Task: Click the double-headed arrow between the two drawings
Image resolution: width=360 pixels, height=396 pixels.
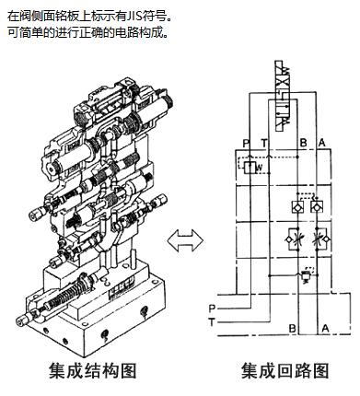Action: tap(185, 240)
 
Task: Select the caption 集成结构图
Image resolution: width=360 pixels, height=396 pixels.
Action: tap(93, 371)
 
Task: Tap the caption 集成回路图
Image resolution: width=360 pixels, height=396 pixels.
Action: tap(285, 371)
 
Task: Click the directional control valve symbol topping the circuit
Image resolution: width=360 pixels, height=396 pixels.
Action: tap(283, 96)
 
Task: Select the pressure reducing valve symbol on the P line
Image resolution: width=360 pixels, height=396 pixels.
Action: tap(250, 168)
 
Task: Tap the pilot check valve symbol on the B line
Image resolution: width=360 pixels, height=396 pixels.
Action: tap(297, 206)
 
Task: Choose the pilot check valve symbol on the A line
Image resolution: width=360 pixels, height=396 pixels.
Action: tap(317, 206)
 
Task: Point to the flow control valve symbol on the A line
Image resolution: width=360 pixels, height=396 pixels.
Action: tap(320, 239)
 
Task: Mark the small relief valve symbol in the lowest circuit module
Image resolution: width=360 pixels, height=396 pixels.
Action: tap(306, 275)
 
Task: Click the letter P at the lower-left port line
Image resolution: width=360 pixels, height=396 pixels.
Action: tap(212, 309)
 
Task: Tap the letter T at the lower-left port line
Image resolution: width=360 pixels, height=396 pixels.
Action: tap(212, 322)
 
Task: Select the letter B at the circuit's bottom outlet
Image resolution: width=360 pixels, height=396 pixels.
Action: tap(293, 329)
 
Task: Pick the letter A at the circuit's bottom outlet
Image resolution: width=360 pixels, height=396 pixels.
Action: tap(325, 329)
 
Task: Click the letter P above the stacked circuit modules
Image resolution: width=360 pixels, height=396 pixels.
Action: tap(246, 143)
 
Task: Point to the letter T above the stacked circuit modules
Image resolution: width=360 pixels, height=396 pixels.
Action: tap(264, 143)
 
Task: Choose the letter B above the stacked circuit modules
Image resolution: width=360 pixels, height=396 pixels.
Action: tap(303, 143)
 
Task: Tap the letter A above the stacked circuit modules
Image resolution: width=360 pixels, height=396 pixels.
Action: tap(321, 143)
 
